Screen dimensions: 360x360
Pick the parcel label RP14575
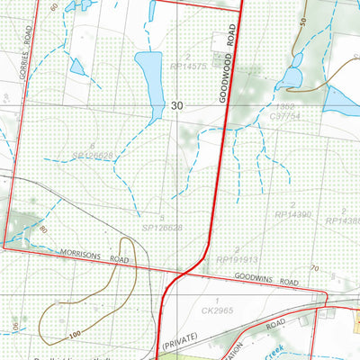189,66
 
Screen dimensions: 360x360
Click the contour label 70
314,268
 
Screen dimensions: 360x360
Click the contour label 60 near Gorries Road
54,7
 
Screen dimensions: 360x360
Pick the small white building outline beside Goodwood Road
217,42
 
